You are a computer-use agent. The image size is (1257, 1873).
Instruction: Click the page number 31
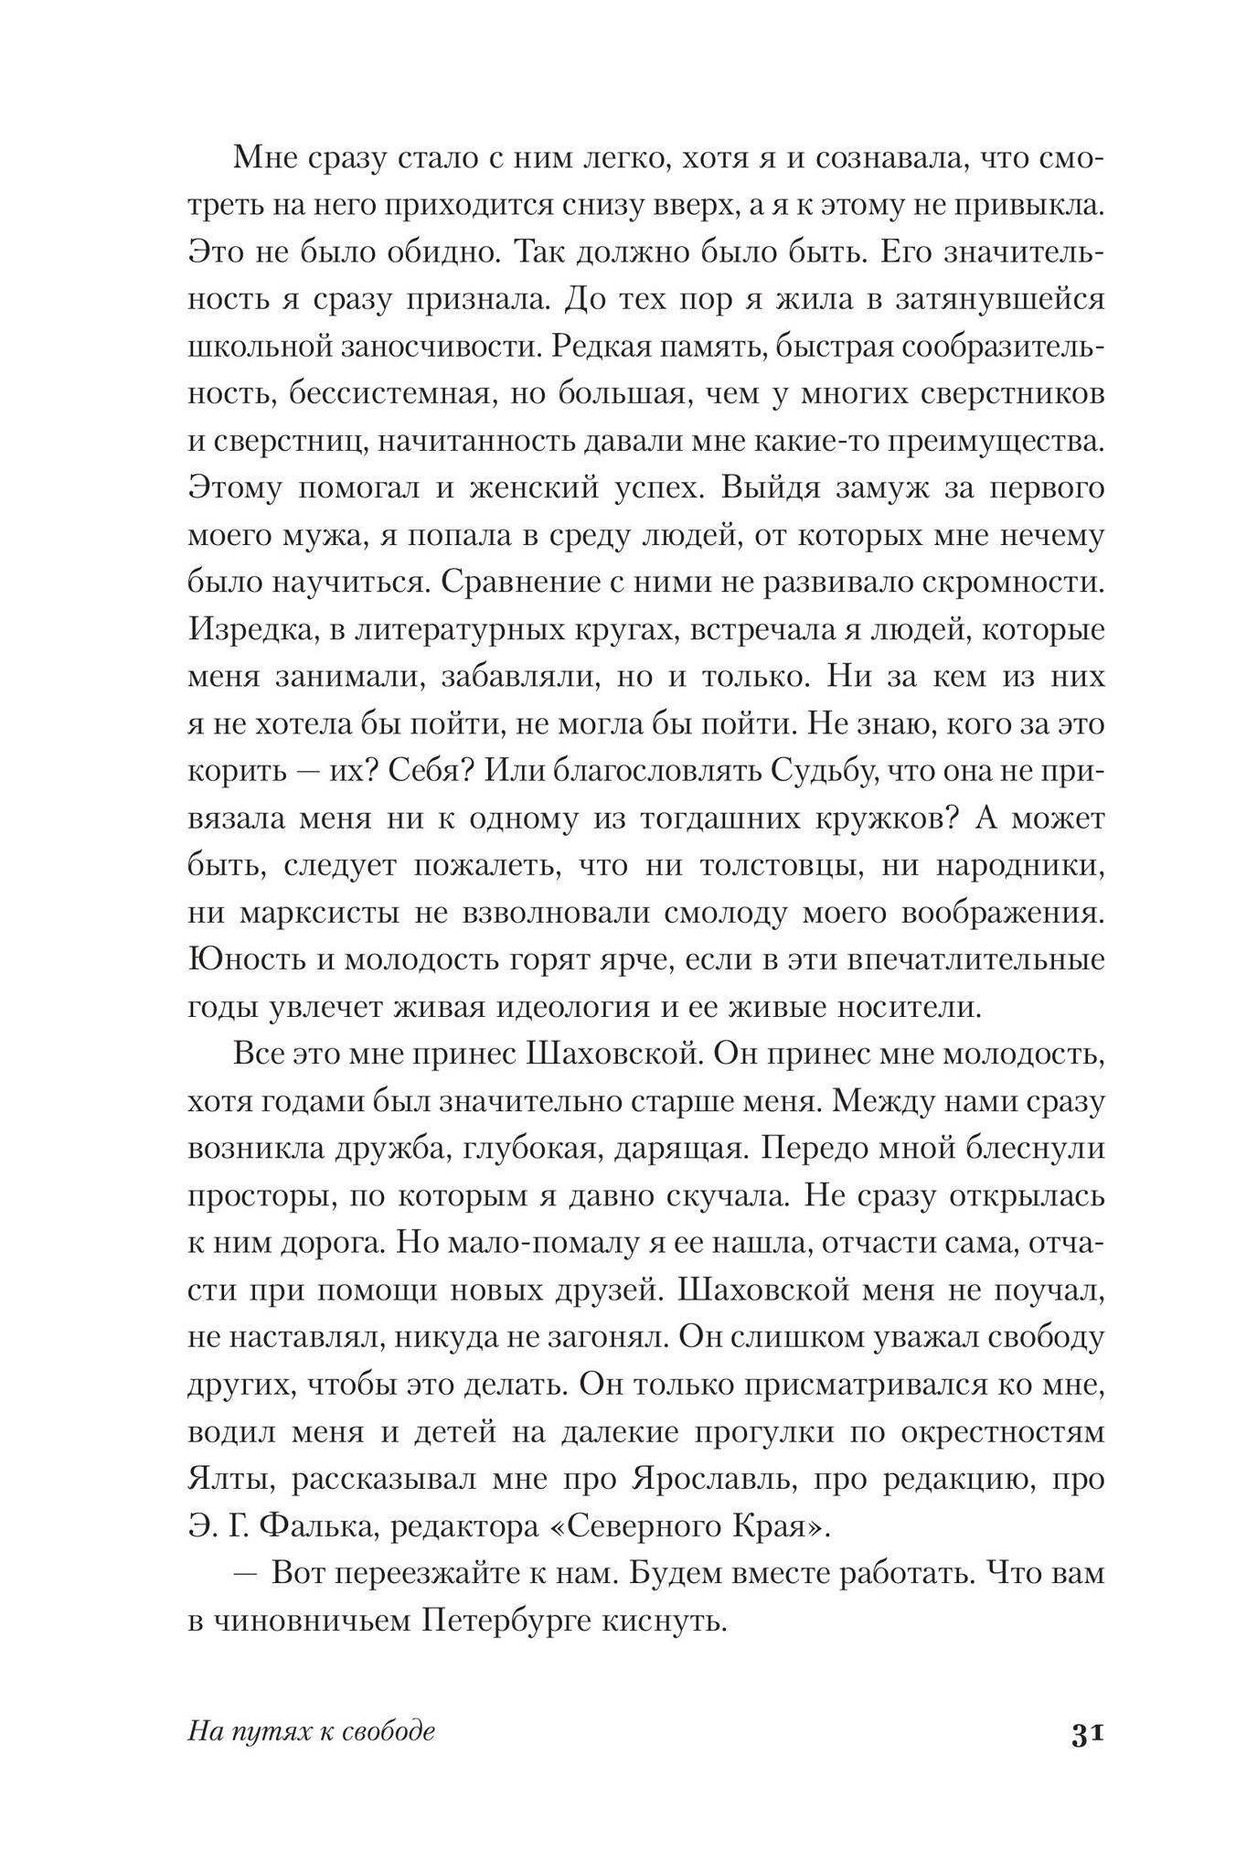pyautogui.click(x=1087, y=1734)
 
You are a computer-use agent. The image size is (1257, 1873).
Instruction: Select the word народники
pyautogui.click(x=1018, y=865)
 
